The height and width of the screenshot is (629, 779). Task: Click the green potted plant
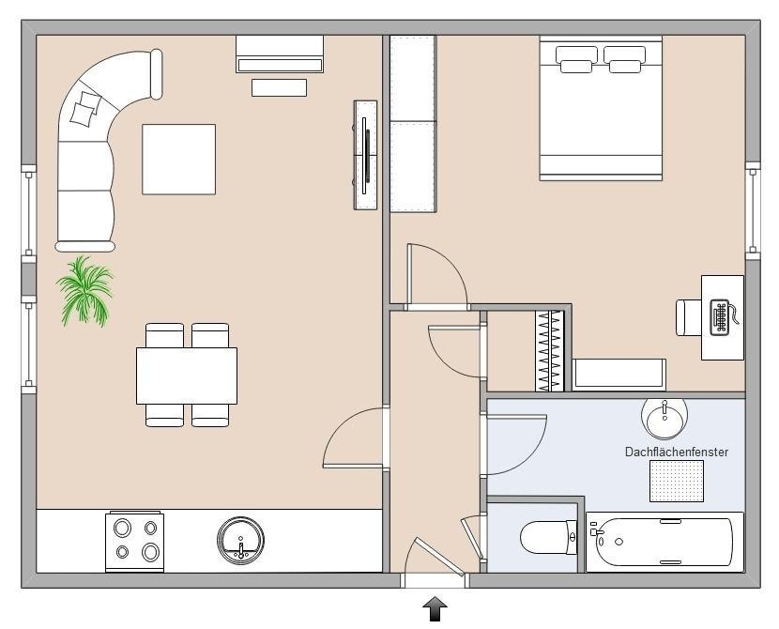(85, 291)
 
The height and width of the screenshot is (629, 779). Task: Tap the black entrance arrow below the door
(435, 608)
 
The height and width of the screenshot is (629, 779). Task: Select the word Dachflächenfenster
(676, 453)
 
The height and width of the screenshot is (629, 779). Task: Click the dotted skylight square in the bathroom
(677, 481)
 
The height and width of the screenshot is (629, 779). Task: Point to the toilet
(548, 537)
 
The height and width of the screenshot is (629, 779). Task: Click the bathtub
(664, 542)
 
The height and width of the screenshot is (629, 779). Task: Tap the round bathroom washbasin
(664, 418)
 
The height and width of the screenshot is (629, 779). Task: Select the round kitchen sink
(240, 541)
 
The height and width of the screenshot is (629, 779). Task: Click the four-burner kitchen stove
(134, 542)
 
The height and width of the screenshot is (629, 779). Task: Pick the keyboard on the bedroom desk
(721, 316)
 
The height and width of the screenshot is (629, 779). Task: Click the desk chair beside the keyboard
(689, 317)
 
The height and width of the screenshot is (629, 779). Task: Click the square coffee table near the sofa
(179, 159)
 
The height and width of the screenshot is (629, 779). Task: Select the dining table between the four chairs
(187, 376)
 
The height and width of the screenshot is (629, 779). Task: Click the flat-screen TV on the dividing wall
(365, 156)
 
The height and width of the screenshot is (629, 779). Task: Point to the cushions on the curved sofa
(85, 108)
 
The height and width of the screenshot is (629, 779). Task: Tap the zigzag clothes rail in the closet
(549, 351)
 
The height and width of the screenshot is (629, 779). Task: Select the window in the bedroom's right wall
(753, 210)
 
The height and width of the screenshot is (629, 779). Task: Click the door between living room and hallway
(355, 437)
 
